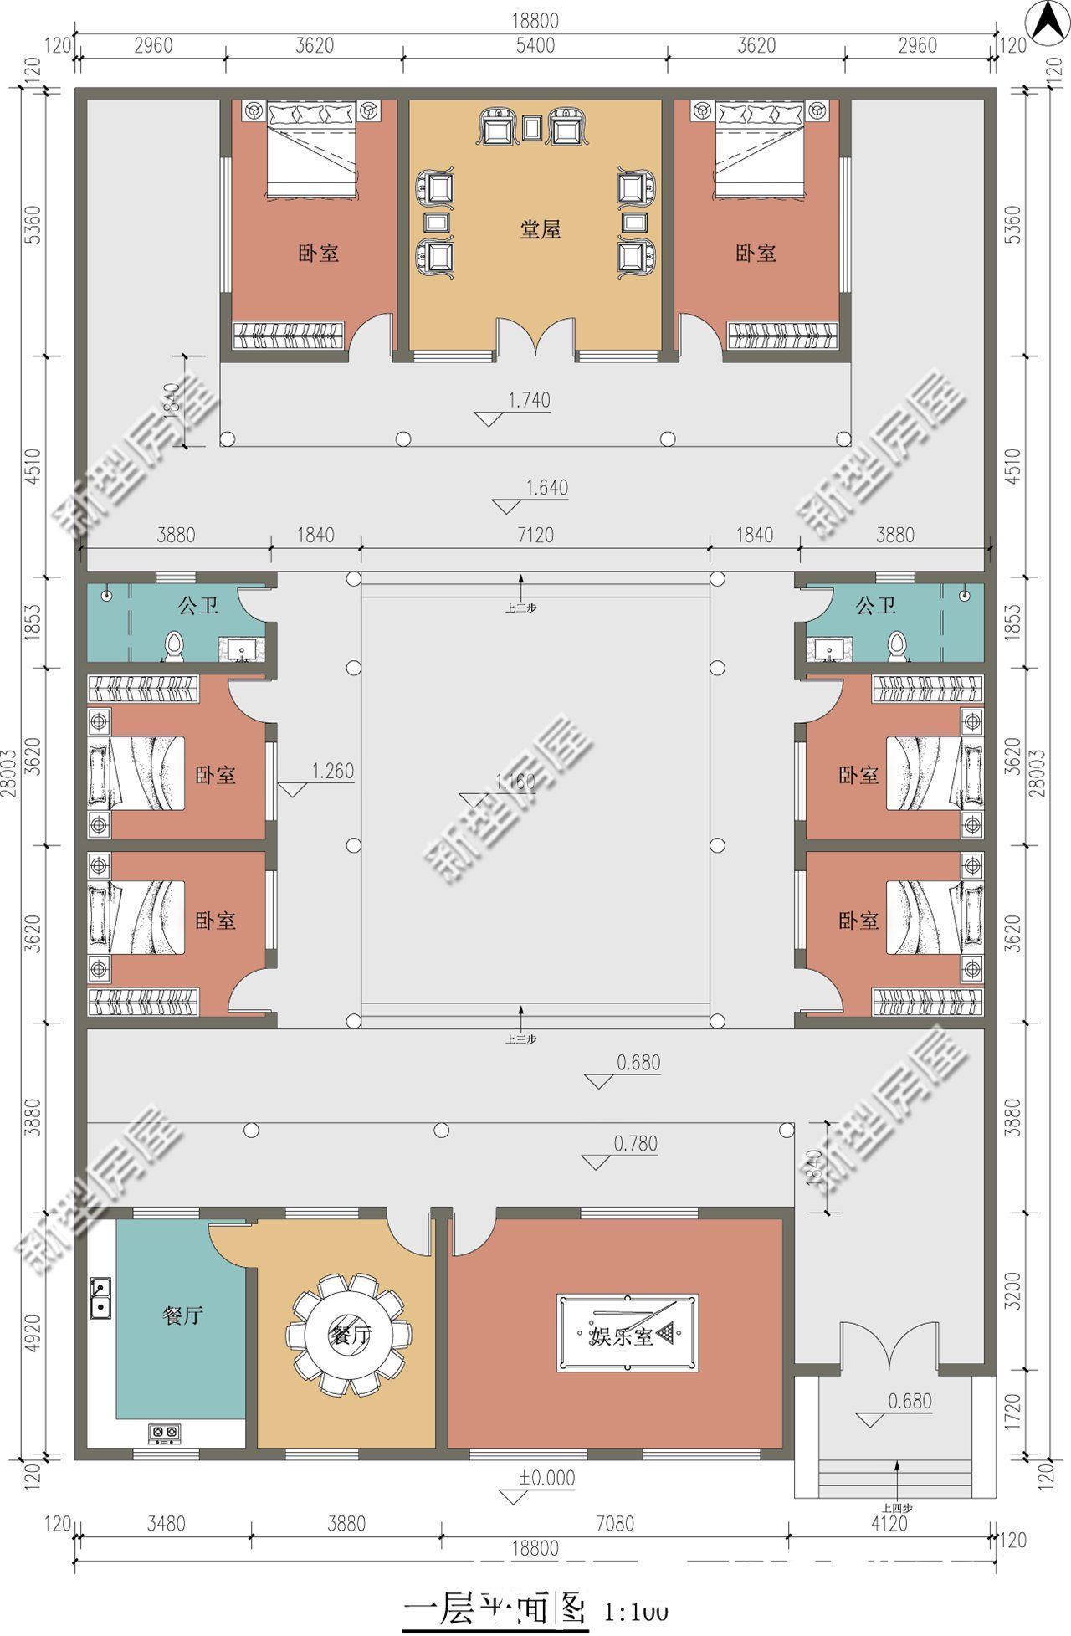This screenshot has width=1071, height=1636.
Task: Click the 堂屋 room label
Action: coord(540,229)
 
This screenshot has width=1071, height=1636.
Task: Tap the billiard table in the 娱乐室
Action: coord(627,1332)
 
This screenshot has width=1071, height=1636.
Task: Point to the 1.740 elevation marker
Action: coord(529,401)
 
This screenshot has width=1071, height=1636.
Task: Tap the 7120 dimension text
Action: coord(535,535)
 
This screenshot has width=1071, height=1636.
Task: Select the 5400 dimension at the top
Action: coord(535,45)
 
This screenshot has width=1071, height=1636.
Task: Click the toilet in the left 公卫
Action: coord(174,647)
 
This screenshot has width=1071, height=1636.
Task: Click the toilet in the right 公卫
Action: coord(897,647)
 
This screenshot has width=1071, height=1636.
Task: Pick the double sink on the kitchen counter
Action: coord(100,1297)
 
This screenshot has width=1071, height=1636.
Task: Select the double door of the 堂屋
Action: coord(535,338)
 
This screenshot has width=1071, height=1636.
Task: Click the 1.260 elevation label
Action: coord(333,772)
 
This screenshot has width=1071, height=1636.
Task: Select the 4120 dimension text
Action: coord(889,1524)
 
